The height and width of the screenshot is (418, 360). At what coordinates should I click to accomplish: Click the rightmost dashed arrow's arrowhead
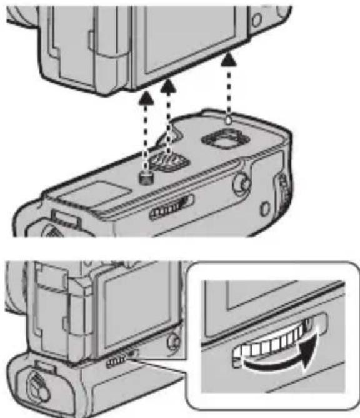[x=230, y=59]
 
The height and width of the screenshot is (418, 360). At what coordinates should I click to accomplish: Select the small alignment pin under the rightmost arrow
[x=230, y=119]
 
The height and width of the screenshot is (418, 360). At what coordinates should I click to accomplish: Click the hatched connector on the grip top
[x=171, y=161]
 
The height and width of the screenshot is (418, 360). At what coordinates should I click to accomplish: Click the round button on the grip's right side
[x=239, y=183]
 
